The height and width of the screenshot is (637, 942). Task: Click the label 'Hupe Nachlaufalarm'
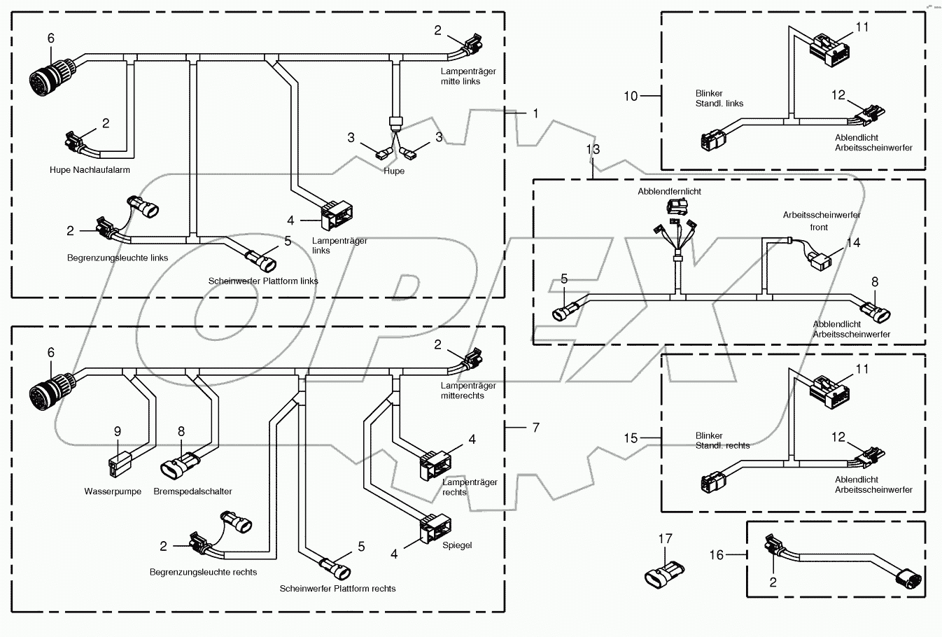coord(90,170)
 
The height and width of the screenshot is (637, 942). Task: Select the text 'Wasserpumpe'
coord(113,491)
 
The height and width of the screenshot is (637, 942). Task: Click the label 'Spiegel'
coord(457,545)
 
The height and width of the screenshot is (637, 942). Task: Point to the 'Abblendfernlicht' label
coord(669,192)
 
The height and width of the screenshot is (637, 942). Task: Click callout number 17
coord(665,538)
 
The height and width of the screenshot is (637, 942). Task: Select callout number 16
coord(716,555)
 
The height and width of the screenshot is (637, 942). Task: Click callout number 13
coord(593,150)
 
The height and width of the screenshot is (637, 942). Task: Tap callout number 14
coord(853,243)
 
